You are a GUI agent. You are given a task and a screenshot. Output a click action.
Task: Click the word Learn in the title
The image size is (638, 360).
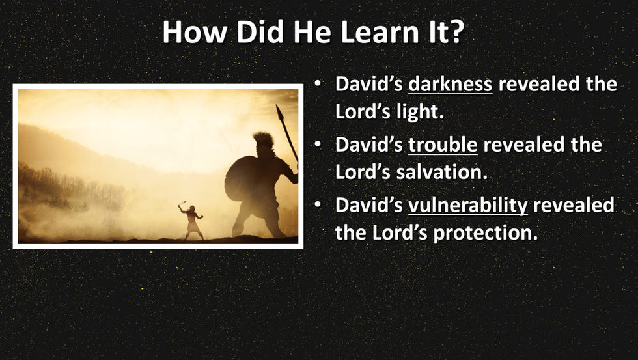(x=380, y=32)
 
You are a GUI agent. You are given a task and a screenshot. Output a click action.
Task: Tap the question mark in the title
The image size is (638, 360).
(x=457, y=32)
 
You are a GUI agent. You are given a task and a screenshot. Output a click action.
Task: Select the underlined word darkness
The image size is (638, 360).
(x=450, y=84)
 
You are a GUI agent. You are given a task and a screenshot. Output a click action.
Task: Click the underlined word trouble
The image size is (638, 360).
(x=443, y=145)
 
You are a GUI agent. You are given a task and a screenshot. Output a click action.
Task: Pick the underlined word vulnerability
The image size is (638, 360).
(x=468, y=205)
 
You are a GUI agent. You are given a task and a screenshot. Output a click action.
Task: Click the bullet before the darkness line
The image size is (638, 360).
(x=318, y=84)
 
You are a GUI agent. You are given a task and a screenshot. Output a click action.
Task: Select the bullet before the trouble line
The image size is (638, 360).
(x=318, y=145)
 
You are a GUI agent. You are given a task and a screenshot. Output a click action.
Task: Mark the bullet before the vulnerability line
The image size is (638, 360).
(x=318, y=205)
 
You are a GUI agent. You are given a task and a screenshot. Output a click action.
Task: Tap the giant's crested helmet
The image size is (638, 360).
(x=263, y=141)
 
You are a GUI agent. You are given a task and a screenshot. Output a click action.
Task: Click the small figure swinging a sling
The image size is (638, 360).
(x=192, y=220)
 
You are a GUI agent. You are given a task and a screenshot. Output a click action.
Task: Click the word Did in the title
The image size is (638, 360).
(x=260, y=32)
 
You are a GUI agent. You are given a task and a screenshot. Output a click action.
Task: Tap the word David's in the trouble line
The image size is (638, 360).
(x=368, y=145)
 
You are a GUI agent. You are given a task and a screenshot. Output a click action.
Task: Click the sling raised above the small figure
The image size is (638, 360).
(x=182, y=204)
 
